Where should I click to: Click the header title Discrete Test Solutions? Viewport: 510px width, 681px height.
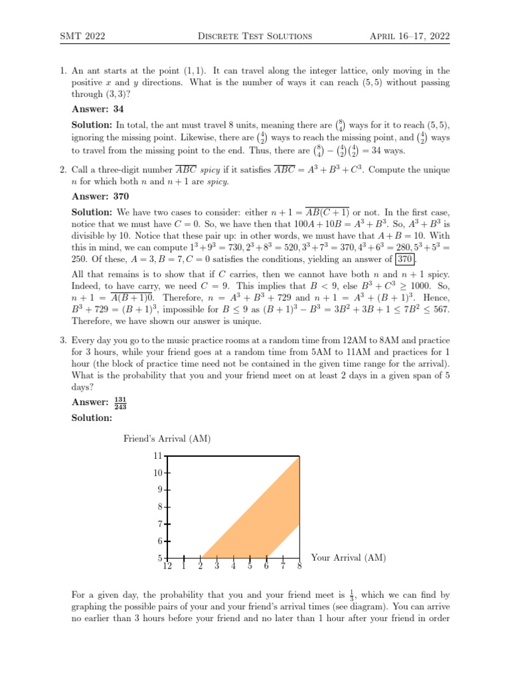(254, 35)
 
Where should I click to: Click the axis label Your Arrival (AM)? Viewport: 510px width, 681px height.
(348, 558)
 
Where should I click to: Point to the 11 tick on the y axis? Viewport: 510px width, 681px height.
(157, 456)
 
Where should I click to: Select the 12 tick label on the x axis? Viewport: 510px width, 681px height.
(167, 567)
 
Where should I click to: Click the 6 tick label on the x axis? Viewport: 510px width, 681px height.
(266, 567)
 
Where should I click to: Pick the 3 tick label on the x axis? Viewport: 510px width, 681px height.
(216, 567)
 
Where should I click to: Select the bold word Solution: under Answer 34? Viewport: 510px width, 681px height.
(92, 125)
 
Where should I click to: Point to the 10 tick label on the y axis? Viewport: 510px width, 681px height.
(157, 474)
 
